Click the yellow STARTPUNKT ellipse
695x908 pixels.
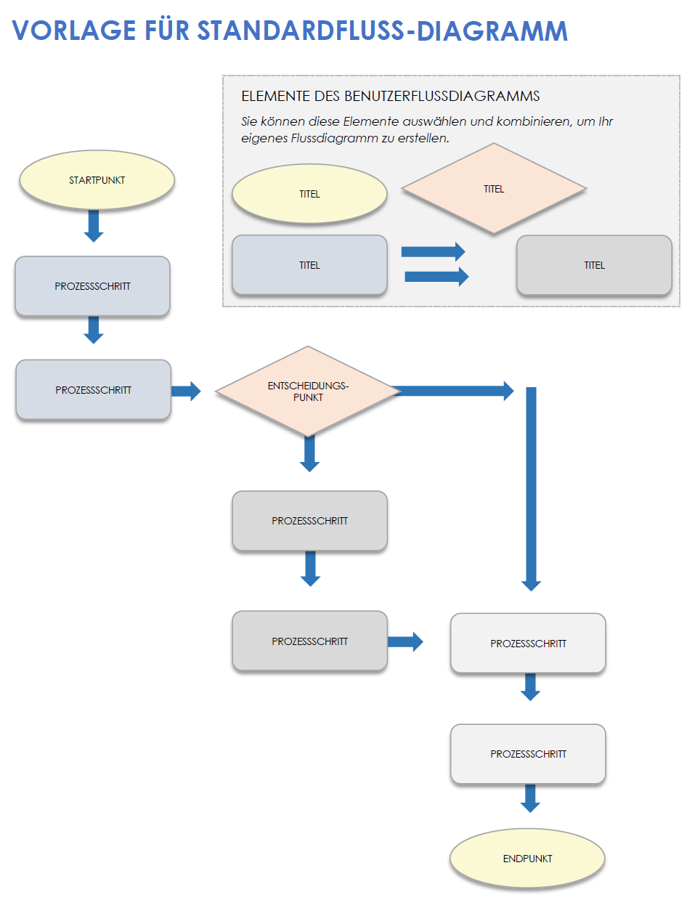(97, 180)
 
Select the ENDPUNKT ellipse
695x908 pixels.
(527, 858)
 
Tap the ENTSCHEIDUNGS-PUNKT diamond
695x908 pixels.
(308, 392)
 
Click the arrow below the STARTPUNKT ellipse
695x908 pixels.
(94, 226)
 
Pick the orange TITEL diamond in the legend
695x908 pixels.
(494, 189)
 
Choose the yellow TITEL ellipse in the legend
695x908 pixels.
(309, 194)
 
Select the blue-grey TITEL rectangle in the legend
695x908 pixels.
(309, 265)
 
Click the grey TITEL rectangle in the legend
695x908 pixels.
(594, 265)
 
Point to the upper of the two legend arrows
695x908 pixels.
(433, 252)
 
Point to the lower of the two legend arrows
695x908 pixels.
(436, 276)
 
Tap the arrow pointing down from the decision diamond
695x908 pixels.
(309, 454)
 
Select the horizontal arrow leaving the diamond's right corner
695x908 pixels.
(453, 391)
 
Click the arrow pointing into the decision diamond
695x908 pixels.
(186, 391)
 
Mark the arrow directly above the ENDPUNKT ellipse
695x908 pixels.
(530, 798)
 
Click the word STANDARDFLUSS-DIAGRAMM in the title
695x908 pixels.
(382, 31)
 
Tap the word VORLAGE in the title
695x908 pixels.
(74, 31)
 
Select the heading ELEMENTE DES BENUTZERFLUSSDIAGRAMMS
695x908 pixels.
(390, 96)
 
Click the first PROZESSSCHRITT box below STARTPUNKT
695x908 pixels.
(92, 286)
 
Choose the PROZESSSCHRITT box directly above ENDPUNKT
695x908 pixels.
(528, 754)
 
